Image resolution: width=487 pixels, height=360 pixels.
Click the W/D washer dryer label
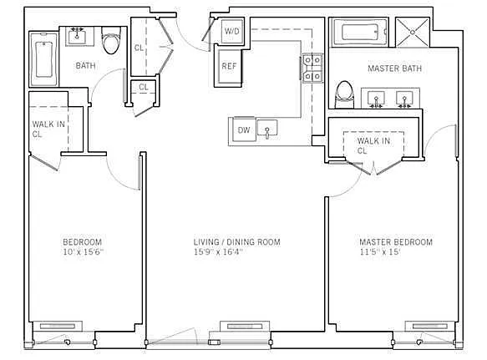tap(232, 31)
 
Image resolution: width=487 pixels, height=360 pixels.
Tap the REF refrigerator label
tap(229, 66)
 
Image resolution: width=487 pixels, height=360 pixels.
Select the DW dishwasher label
tap(244, 129)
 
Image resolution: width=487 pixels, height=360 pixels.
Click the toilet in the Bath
tap(111, 40)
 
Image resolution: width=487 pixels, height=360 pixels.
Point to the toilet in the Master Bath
tap(344, 94)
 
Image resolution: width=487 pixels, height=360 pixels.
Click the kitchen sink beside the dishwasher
tap(267, 129)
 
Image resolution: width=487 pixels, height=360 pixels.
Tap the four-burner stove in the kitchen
tap(312, 68)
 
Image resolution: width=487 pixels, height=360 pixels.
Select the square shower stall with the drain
tap(413, 33)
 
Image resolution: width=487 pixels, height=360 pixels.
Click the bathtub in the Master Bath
tap(360, 33)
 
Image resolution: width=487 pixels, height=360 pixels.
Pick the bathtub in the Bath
tap(43, 59)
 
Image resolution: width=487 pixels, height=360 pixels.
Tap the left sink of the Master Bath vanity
tap(376, 99)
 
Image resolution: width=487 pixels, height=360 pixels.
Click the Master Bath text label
tap(395, 68)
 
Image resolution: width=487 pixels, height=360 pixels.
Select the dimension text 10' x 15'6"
tap(83, 251)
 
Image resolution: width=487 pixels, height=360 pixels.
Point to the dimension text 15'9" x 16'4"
tap(217, 251)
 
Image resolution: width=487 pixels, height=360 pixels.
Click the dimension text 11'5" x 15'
tap(380, 251)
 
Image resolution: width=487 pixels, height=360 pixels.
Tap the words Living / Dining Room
tap(236, 242)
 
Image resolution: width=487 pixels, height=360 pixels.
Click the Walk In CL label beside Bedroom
tap(48, 129)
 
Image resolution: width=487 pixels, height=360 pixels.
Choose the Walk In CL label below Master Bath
tap(373, 145)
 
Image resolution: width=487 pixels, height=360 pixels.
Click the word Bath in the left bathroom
tap(85, 65)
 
